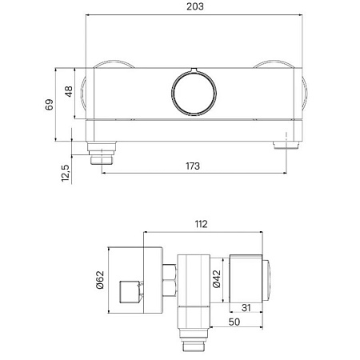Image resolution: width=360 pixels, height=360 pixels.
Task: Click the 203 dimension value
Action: click(x=195, y=6)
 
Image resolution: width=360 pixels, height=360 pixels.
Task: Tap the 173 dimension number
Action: click(x=193, y=166)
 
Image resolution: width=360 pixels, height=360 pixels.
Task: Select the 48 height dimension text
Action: click(x=69, y=91)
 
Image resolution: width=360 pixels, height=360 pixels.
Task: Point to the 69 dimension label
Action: click(x=50, y=105)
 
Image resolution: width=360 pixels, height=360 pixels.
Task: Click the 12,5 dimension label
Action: click(x=66, y=174)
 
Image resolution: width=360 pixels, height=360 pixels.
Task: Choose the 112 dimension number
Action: click(x=201, y=224)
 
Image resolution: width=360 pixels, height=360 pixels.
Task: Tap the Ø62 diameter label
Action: click(x=100, y=280)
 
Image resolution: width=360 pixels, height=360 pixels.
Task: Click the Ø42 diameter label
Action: click(x=217, y=279)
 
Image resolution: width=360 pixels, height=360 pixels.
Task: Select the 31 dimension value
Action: click(x=246, y=308)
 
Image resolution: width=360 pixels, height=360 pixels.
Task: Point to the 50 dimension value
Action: click(x=234, y=322)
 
